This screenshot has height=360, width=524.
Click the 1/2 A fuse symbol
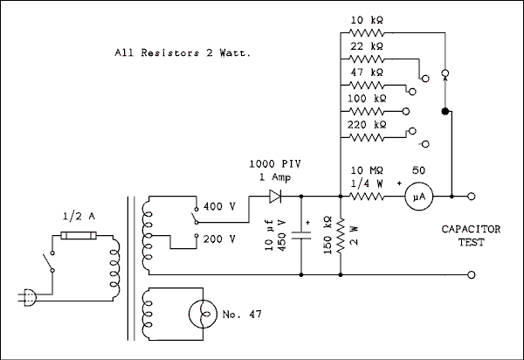click(x=77, y=235)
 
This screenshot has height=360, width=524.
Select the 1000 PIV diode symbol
click(x=277, y=197)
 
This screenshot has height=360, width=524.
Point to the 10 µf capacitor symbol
click(x=303, y=233)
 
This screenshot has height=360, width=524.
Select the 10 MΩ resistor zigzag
click(x=366, y=197)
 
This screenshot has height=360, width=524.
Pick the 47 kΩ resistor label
click(x=366, y=73)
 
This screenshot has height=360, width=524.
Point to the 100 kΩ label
click(x=366, y=100)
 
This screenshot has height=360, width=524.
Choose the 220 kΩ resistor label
click(x=366, y=125)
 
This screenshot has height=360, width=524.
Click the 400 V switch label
click(x=219, y=208)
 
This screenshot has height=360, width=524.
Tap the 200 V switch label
click(x=219, y=238)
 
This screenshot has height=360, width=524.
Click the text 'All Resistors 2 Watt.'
click(x=183, y=52)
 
